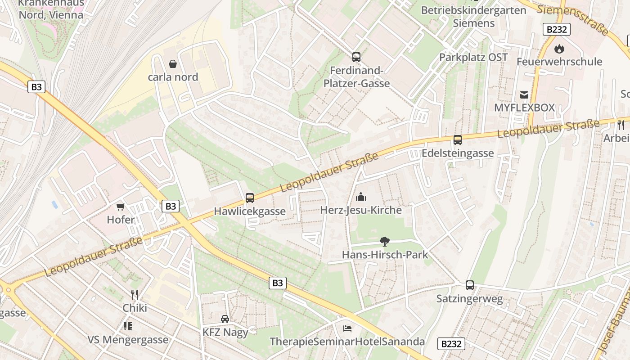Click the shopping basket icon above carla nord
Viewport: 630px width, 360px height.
[x=172, y=64]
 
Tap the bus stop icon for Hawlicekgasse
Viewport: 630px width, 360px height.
[x=249, y=198]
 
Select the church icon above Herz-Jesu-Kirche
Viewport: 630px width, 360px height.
[x=361, y=197]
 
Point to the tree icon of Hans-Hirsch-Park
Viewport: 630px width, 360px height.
[x=384, y=242]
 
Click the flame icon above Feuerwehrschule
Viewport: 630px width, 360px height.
[x=559, y=48]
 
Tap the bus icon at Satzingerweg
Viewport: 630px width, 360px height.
[x=469, y=285]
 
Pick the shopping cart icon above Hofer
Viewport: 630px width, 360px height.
[x=120, y=207]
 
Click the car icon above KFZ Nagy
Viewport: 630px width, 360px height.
[x=225, y=319]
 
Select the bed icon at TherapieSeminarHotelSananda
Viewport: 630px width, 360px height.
[x=347, y=328]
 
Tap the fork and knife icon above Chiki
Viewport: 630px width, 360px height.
[x=135, y=295]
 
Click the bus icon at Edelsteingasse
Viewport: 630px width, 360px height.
[x=458, y=140]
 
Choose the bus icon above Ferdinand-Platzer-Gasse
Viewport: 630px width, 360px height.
[x=356, y=57]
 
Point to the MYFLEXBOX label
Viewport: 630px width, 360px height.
[x=524, y=108]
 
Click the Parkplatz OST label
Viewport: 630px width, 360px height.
[x=473, y=57]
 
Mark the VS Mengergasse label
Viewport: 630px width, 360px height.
[x=128, y=339]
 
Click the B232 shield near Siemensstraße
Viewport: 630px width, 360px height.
[x=556, y=29]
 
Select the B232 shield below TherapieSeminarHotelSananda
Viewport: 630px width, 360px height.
[x=451, y=344]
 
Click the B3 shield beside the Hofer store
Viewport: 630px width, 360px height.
[x=170, y=206]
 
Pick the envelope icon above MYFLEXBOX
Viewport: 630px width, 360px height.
[x=524, y=94]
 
